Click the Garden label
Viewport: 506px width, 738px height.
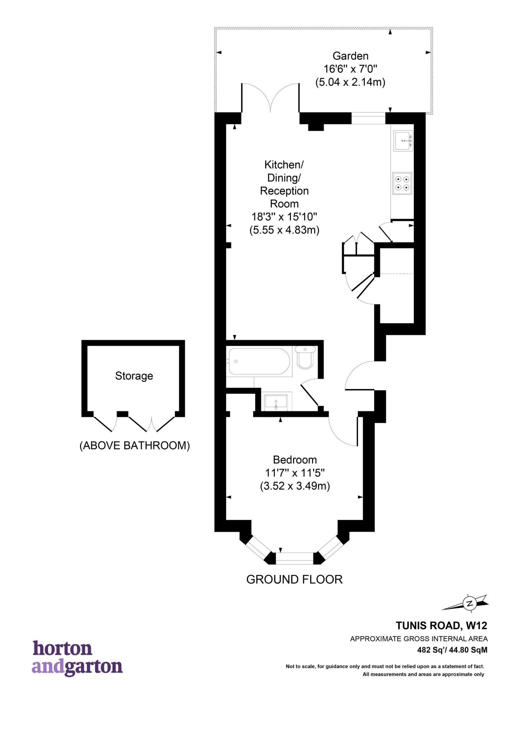click(350, 56)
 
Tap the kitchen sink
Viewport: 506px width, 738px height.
click(403, 140)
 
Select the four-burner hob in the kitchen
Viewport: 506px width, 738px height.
click(402, 183)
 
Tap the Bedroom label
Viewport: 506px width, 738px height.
click(295, 460)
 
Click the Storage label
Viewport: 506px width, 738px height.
click(134, 376)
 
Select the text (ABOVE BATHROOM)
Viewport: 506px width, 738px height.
click(134, 445)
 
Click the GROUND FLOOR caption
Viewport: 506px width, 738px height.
click(294, 579)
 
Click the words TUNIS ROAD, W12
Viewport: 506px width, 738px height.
click(441, 626)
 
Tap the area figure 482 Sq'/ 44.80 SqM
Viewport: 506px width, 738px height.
click(452, 650)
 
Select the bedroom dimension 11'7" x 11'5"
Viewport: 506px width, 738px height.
click(295, 473)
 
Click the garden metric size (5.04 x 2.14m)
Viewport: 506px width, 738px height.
click(350, 82)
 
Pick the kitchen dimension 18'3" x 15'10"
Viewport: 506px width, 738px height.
click(284, 217)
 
